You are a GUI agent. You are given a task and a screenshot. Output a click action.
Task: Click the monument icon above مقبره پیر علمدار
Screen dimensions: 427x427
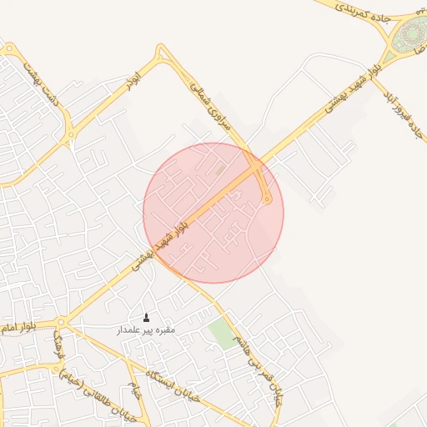tap(148, 317)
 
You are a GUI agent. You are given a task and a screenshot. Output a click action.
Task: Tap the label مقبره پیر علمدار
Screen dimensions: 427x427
tap(146, 330)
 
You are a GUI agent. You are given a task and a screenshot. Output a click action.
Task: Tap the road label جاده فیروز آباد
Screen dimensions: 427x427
tap(404, 116)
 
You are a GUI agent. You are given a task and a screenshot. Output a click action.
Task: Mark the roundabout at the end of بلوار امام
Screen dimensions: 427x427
tap(61, 321)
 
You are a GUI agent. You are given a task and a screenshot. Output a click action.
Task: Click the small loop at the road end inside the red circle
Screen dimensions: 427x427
tap(267, 198)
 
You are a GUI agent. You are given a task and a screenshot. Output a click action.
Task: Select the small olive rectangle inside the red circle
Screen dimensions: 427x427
tap(220, 170)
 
